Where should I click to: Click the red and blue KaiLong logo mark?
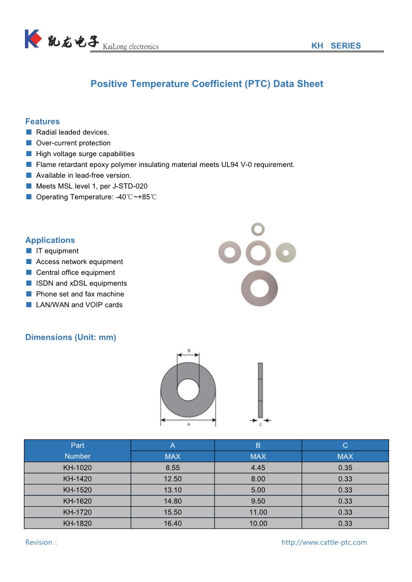coord(33,39)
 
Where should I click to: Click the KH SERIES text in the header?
coord(336,46)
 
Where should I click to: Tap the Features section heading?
coord(43,121)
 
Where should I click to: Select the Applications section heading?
coord(50,240)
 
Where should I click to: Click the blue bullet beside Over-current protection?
coord(29,143)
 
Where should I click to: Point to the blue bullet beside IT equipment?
coord(29,251)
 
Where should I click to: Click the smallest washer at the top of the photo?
coord(257,228)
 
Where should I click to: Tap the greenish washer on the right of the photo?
coord(286,252)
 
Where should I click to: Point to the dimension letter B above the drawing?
coord(189,351)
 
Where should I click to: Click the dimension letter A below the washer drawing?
coord(188,424)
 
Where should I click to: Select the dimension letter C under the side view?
coord(260,424)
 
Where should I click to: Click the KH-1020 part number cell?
coord(77,468)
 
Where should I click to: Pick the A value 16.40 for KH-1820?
coord(172,523)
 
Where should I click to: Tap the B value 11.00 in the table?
coord(258,512)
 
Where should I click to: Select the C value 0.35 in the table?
coord(345,468)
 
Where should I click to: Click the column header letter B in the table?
coord(258,445)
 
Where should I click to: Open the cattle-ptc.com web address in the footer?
coord(324,543)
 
